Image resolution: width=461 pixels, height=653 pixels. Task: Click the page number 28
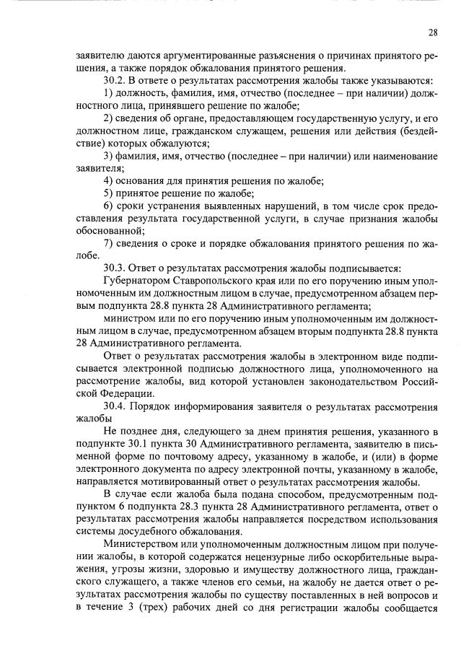pos(432,32)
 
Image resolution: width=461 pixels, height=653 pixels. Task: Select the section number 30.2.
pos(115,79)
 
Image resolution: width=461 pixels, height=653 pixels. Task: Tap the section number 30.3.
pos(115,268)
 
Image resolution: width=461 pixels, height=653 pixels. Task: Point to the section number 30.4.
pos(115,405)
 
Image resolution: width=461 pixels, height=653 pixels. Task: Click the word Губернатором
pos(137,281)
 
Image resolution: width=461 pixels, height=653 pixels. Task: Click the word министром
pos(131,318)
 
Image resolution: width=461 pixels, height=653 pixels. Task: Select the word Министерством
pos(144,543)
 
